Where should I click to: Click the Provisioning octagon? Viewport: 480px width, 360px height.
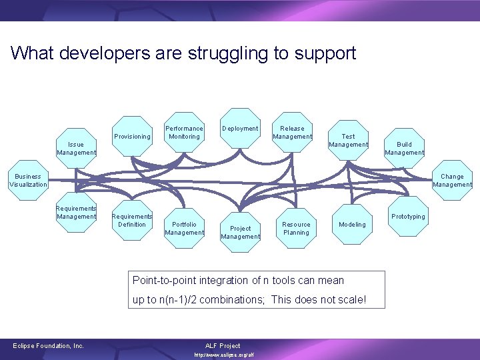tap(132, 136)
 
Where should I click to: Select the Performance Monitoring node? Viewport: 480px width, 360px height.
tap(184, 132)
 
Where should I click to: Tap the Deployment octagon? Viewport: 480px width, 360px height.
tap(240, 128)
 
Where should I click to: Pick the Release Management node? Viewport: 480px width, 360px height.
tap(292, 132)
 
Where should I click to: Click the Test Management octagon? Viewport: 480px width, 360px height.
tap(348, 140)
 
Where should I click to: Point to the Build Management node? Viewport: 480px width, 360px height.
tap(404, 147)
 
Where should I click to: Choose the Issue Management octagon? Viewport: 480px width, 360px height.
tap(76, 147)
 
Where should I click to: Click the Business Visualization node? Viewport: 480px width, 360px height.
tap(28, 180)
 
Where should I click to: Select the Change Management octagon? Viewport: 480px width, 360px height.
tap(452, 180)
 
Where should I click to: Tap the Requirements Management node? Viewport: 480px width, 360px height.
tap(76, 212)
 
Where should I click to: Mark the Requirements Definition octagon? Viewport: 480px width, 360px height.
tap(132, 220)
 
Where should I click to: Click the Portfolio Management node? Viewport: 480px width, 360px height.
tap(184, 228)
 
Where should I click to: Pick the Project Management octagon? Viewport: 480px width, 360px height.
tap(240, 232)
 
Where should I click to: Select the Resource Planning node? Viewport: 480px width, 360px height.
tap(296, 228)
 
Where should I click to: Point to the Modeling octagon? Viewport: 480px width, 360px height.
tap(352, 224)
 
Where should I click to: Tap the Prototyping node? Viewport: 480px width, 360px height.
tap(408, 216)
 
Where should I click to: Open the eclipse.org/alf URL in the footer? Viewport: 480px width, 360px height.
tap(223, 355)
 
